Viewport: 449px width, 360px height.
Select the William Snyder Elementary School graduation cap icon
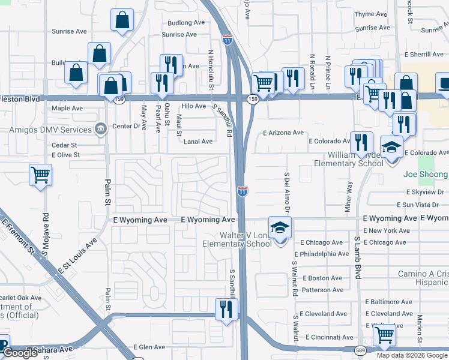click(391, 147)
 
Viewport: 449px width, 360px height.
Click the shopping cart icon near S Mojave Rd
click(40, 175)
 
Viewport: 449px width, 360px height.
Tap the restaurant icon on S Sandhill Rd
click(226, 310)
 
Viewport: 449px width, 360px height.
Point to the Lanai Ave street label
click(198, 142)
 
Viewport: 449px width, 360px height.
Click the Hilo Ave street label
click(194, 106)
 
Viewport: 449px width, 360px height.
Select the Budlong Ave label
click(187, 23)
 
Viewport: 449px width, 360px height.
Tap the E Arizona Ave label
click(283, 133)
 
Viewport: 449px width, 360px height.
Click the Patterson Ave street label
click(323, 290)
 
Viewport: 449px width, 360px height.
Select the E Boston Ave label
click(322, 278)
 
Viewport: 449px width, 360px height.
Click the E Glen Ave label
click(148, 347)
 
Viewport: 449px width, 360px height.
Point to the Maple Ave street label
click(67, 109)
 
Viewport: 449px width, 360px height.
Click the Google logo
click(20, 353)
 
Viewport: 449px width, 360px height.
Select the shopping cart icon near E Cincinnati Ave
click(384, 334)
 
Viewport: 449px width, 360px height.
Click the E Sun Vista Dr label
click(424, 205)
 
